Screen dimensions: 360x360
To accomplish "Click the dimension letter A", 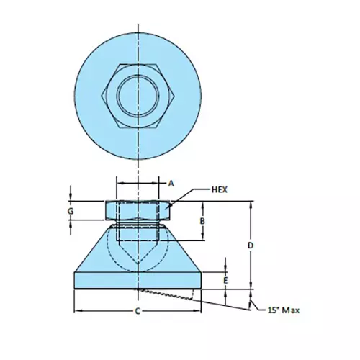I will click(171, 184).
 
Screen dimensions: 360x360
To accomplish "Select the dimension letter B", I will click(203, 220).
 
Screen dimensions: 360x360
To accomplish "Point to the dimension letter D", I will click(250, 246).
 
